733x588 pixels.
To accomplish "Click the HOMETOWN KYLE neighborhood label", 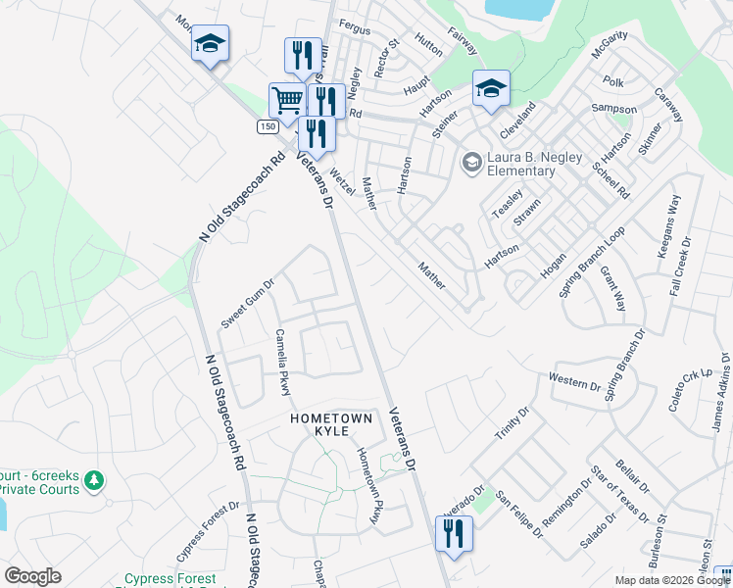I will point(332,425).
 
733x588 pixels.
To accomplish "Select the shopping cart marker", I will point(286,99).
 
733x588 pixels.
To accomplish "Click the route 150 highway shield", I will point(268,127).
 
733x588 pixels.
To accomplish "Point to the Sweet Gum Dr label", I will point(248,304).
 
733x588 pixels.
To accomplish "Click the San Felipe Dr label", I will point(518,514).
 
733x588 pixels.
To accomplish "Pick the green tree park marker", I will point(94,480).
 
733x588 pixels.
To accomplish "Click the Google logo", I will point(32,576).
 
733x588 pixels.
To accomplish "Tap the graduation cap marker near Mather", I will point(491,88).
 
